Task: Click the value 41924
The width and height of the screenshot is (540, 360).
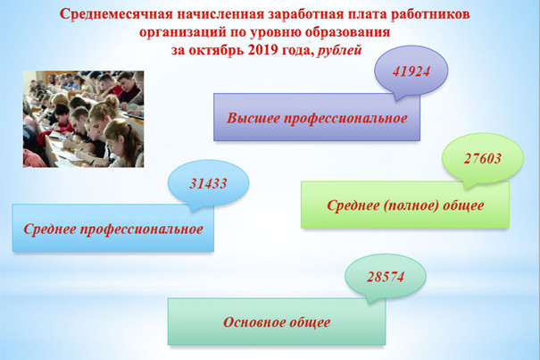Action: coord(411,71)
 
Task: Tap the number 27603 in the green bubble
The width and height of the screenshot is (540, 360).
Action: coord(483,158)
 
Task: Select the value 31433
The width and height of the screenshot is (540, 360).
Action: coord(208,183)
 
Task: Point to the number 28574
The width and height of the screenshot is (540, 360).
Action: coord(386,277)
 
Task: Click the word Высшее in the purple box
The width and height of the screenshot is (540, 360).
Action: coord(253,118)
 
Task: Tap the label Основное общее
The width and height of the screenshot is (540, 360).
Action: coord(277,322)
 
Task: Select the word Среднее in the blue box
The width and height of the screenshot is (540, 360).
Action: coord(50,229)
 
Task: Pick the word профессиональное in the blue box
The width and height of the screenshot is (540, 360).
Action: coord(142,230)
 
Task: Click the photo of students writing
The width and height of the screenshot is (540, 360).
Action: coord(83,119)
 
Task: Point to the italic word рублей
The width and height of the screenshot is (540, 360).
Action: coord(339,51)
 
